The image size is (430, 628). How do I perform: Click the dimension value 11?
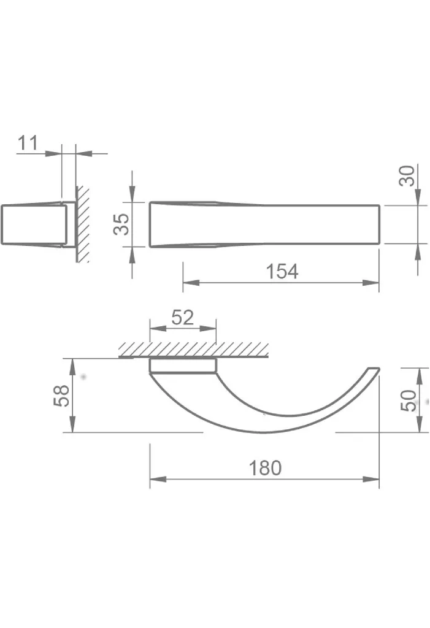pyautogui.click(x=28, y=142)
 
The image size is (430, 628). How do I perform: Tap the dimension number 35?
pyautogui.click(x=121, y=224)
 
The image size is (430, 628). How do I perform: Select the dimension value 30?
pyautogui.click(x=406, y=176)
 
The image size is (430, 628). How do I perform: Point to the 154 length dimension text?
pyautogui.click(x=282, y=272)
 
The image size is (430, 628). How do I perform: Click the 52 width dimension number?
pyautogui.click(x=182, y=318)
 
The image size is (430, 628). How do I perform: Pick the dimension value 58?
pyautogui.click(x=61, y=397)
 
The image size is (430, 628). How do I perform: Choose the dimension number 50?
pyautogui.click(x=409, y=400)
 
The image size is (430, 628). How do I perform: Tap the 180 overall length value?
pyautogui.click(x=265, y=468)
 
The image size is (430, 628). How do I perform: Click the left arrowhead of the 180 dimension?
pyautogui.click(x=158, y=479)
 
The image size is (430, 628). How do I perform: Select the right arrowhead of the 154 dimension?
pyautogui.click(x=370, y=283)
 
